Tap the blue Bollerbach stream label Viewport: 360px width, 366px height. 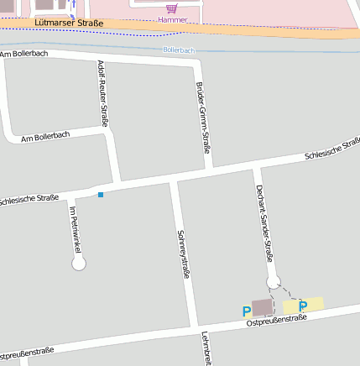(179, 50)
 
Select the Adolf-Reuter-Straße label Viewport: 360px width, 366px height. (102, 93)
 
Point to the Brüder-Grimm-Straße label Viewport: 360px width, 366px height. (202, 118)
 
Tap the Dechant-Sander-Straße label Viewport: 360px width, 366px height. (264, 222)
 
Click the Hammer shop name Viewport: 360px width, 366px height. (172, 18)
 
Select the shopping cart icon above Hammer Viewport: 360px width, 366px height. (171, 8)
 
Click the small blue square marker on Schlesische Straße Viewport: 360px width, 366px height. (101, 195)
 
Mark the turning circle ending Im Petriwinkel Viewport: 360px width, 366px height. (79, 264)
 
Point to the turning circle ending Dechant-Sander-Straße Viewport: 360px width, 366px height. (273, 281)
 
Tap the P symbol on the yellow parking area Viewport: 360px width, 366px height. (303, 306)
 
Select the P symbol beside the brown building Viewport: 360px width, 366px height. (246, 311)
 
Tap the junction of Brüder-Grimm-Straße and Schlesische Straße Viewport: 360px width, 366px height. (211, 171)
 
